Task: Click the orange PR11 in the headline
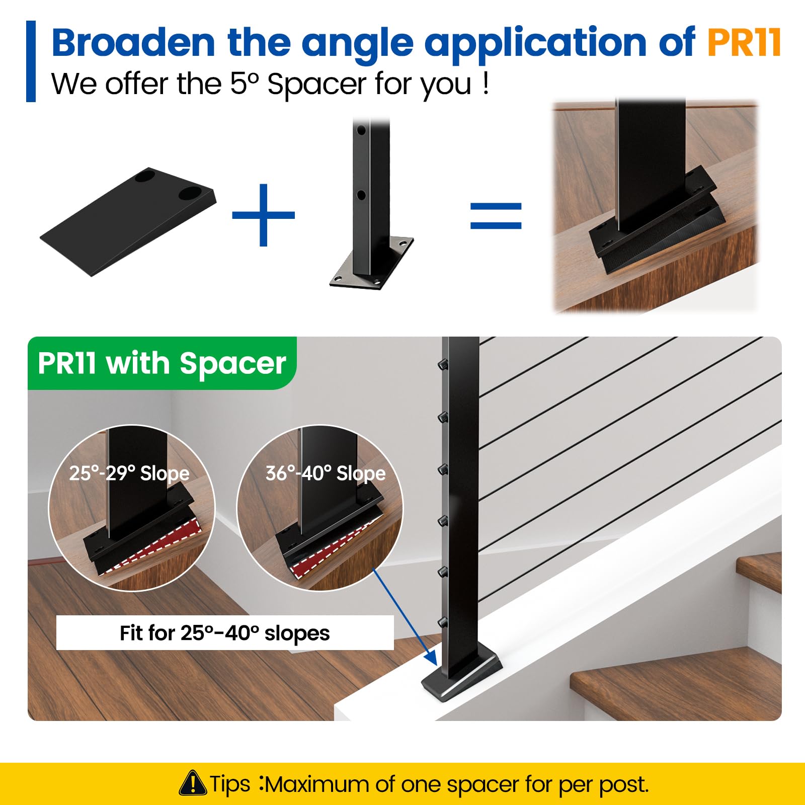pos(744,42)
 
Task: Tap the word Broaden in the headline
pos(134,42)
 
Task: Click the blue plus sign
pos(263,215)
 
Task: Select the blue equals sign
pos(496,215)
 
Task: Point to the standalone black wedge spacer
pos(128,221)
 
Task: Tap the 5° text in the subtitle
pos(244,84)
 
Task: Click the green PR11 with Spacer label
pos(162,363)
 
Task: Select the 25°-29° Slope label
pos(129,473)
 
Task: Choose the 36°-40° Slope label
pos(326,473)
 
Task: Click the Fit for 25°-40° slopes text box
pos(225,633)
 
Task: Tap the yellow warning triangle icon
pos(192,783)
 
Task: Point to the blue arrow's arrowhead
pos(431,658)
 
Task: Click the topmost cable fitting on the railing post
pos(443,363)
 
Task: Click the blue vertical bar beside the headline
pos(31,61)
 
